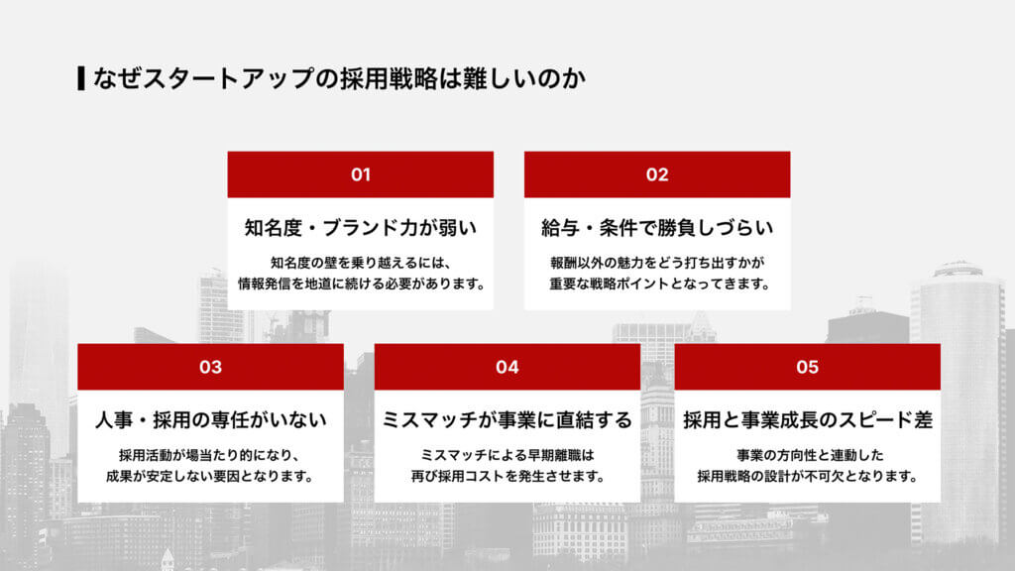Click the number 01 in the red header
pyautogui.click(x=361, y=175)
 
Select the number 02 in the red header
pyautogui.click(x=657, y=175)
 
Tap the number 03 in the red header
pyautogui.click(x=210, y=368)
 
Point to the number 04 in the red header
pyautogui.click(x=507, y=368)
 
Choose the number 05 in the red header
pyautogui.click(x=807, y=368)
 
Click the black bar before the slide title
pyautogui.click(x=80, y=77)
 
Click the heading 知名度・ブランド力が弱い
pyautogui.click(x=361, y=228)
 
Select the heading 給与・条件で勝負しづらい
pyautogui.click(x=657, y=228)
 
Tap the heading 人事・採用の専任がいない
pyautogui.click(x=210, y=420)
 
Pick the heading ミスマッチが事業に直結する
pyautogui.click(x=507, y=420)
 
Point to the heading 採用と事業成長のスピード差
pyautogui.click(x=807, y=420)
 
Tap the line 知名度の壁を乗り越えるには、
pyautogui.click(x=361, y=263)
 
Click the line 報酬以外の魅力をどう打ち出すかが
pyautogui.click(x=657, y=263)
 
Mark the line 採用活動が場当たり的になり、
pyautogui.click(x=210, y=455)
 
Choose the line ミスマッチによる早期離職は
pyautogui.click(x=507, y=455)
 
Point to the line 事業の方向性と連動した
pyautogui.click(x=807, y=455)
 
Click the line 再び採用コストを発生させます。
pyautogui.click(x=507, y=476)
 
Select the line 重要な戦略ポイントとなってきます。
pyautogui.click(x=657, y=284)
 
